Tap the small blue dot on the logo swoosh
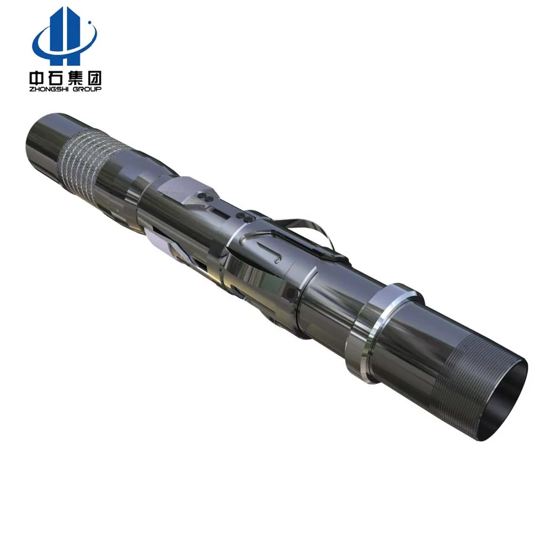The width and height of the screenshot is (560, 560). [90, 25]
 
